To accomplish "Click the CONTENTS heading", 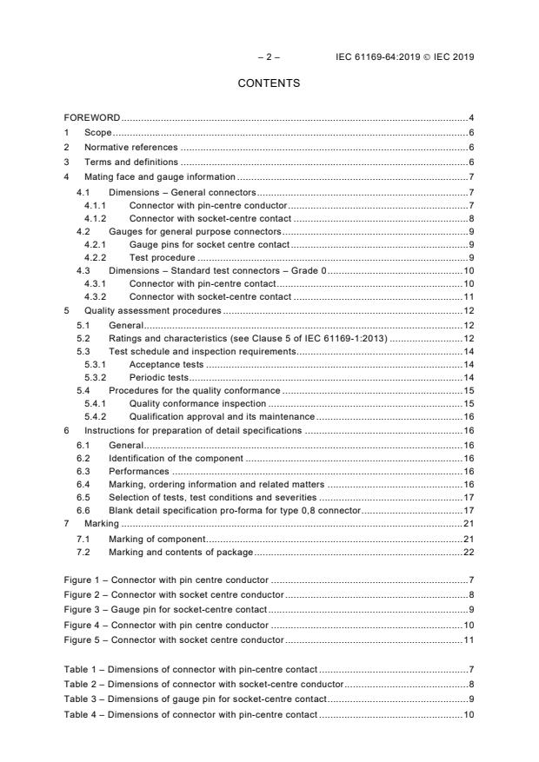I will pos(269,83).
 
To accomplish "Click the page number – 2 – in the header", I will pos(269,57).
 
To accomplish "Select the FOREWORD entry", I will pos(92,117).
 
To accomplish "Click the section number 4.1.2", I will pos(95,219).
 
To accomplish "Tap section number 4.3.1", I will pos(95,284).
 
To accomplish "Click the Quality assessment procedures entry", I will pos(152,310).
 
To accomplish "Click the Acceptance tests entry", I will pos(167,365).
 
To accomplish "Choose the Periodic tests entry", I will pos(159,378).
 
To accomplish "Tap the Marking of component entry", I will pos(156,539).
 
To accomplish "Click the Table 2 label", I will pos(84,685).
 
